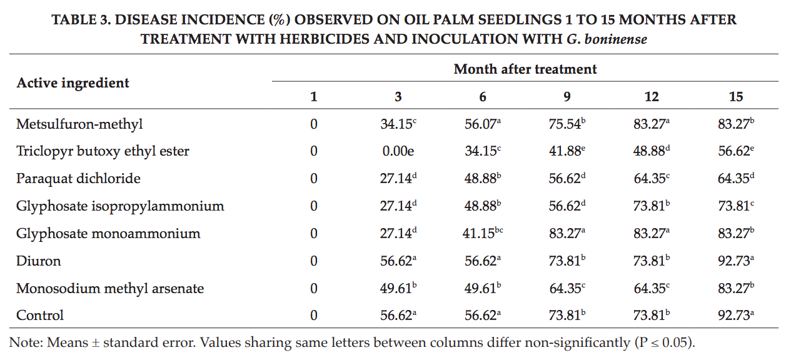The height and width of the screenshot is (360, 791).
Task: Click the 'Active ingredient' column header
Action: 73,83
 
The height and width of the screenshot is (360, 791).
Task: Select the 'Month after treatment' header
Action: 525,69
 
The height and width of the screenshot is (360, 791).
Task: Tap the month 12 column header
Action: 652,97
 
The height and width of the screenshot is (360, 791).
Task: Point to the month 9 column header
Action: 567,97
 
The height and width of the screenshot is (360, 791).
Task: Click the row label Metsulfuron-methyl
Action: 79,124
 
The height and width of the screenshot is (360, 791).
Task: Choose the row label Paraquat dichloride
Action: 78,179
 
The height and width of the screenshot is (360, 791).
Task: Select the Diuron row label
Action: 39,261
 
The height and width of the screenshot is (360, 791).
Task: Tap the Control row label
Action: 40,315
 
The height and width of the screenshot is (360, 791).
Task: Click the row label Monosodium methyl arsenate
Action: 110,289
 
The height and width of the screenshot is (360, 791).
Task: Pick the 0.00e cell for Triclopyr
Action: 398,151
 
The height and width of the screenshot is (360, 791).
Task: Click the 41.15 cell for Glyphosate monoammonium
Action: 482,233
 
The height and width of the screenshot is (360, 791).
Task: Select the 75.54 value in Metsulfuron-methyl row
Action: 567,124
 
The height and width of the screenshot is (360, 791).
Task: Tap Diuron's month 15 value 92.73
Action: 736,261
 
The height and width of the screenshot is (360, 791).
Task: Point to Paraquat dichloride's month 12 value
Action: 652,178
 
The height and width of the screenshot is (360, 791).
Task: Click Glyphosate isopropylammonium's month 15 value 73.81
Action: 736,206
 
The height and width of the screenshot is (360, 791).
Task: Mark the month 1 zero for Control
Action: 313,315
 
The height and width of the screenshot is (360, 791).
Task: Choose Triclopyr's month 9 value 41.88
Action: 567,151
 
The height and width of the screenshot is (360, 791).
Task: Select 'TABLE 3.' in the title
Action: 81,20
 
